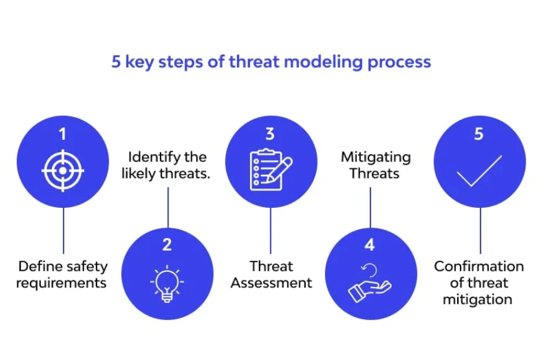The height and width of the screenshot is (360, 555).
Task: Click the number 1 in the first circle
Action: (63, 134)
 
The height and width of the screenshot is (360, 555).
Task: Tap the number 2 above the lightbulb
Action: (167, 245)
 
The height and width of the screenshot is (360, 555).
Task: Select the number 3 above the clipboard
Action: (270, 134)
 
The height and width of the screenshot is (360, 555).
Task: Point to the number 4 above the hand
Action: (370, 245)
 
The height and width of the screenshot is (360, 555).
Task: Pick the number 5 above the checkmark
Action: (479, 134)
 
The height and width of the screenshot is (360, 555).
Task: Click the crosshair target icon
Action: (63, 171)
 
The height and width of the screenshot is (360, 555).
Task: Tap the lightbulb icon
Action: (167, 283)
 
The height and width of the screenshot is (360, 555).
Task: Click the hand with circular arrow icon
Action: (370, 282)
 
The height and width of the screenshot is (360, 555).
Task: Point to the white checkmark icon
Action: (479, 171)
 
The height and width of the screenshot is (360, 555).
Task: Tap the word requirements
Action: (62, 284)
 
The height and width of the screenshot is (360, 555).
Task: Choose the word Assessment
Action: (271, 283)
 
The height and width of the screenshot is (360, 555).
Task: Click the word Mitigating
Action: (376, 157)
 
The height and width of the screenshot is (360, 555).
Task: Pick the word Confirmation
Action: (479, 266)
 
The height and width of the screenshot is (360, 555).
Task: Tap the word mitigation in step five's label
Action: (477, 300)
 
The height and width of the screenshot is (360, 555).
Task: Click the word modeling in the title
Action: (323, 62)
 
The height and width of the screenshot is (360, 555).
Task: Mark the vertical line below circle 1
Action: (63, 231)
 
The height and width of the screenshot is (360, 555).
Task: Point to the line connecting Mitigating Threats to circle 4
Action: (370, 208)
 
